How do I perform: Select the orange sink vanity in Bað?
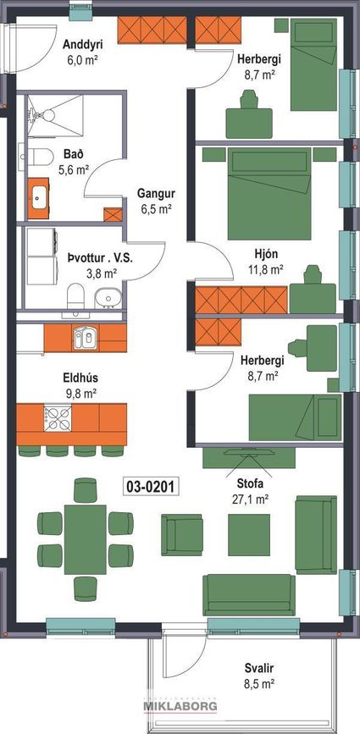tap(38, 194)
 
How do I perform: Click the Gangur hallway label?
tap(155, 193)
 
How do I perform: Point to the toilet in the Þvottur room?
tap(75, 295)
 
